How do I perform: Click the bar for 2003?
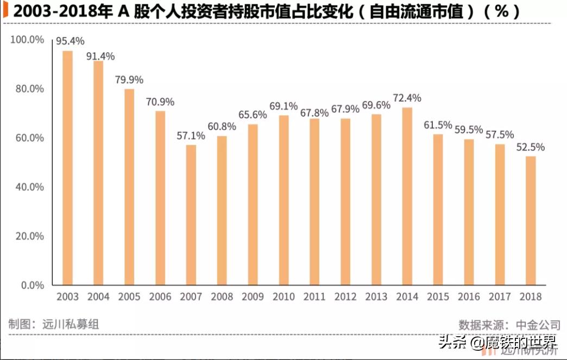tap(67, 168)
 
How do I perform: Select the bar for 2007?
tap(191, 214)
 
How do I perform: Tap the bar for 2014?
tap(407, 196)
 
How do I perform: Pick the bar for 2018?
tap(531, 220)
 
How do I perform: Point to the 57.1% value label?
tap(191, 136)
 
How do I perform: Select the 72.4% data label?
tap(407, 98)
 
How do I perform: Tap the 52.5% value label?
tap(531, 147)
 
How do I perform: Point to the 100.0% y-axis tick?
tap(27, 40)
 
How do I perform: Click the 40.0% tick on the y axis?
tap(29, 187)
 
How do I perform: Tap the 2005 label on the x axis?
tap(129, 297)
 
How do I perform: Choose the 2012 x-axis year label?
tap(345, 297)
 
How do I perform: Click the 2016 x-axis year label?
tap(469, 297)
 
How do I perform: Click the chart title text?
tap(266, 12)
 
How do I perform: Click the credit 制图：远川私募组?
tap(53, 324)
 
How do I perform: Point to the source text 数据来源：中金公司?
tap(509, 325)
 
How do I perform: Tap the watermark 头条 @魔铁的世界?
tap(497, 343)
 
